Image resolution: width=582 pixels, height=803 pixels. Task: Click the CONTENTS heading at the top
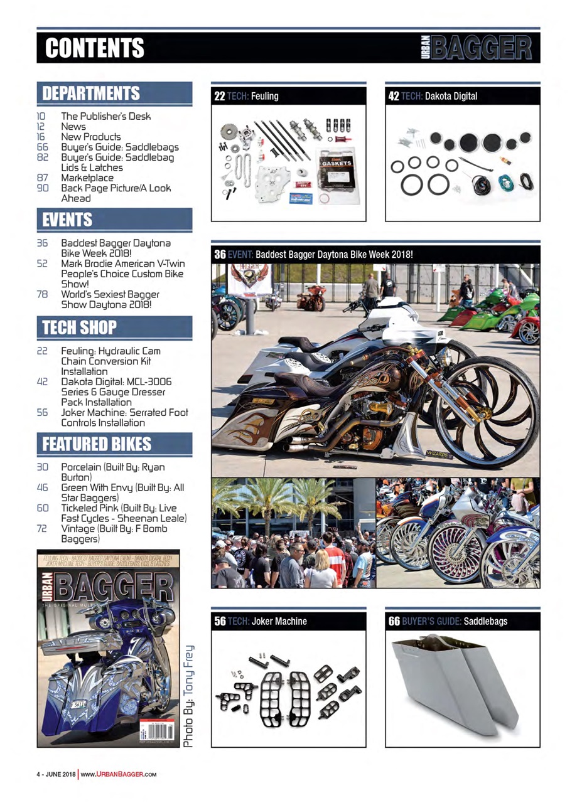pyautogui.click(x=95, y=48)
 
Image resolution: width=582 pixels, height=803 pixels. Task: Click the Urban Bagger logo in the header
pyautogui.click(x=478, y=48)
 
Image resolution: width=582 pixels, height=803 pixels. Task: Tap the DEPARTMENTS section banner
pyautogui.click(x=90, y=94)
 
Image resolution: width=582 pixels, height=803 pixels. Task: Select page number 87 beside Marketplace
pyautogui.click(x=43, y=178)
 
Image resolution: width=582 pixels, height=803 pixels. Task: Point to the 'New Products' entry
pyautogui.click(x=90, y=136)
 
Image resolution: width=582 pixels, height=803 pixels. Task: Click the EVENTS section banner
pyautogui.click(x=67, y=220)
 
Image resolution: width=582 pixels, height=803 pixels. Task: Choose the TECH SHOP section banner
pyautogui.click(x=79, y=327)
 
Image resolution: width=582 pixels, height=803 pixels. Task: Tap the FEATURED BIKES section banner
pyautogui.click(x=97, y=444)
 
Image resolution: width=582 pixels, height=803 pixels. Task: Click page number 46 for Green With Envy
pyautogui.click(x=43, y=487)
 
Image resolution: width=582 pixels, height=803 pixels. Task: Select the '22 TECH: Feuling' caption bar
pyautogui.click(x=288, y=96)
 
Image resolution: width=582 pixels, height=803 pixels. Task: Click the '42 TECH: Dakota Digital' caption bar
pyautogui.click(x=462, y=96)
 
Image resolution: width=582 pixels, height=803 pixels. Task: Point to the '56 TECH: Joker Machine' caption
pyautogui.click(x=288, y=621)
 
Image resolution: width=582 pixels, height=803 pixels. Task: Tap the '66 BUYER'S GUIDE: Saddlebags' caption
pyautogui.click(x=462, y=621)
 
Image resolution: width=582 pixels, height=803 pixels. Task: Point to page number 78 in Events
pyautogui.click(x=43, y=294)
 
